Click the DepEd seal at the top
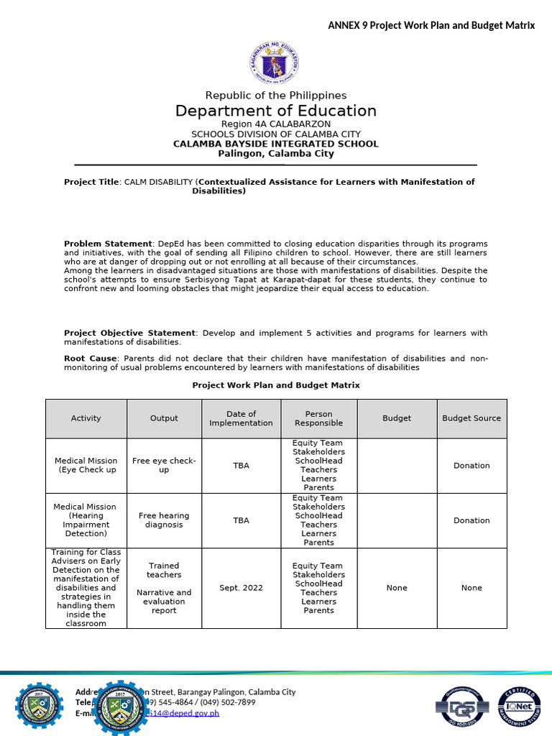tap(275, 61)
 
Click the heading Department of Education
tap(276, 111)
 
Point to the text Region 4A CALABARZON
tap(276, 124)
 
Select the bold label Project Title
tap(91, 182)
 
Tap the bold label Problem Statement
tap(108, 244)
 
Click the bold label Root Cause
tap(91, 358)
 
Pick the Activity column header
tap(86, 418)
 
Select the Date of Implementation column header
tap(241, 418)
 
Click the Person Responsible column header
tap(318, 418)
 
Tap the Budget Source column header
tap(471, 418)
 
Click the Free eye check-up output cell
tap(164, 465)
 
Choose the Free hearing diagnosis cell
tap(164, 520)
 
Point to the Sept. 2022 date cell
tap(241, 588)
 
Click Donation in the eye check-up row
tap(471, 466)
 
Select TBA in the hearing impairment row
tap(241, 520)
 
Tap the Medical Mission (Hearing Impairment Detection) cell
tap(86, 520)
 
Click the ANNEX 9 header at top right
tap(431, 25)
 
